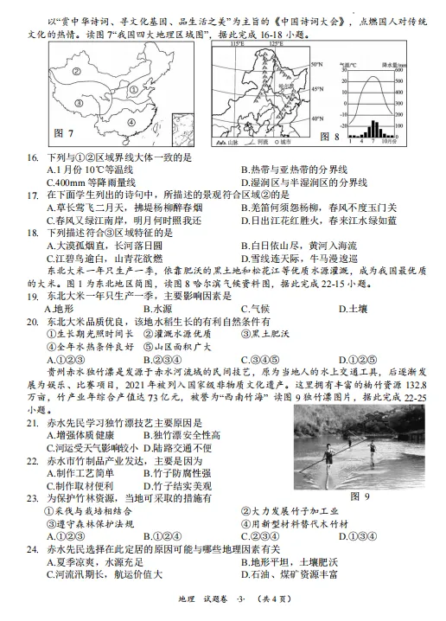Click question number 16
click(x=33, y=157)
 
